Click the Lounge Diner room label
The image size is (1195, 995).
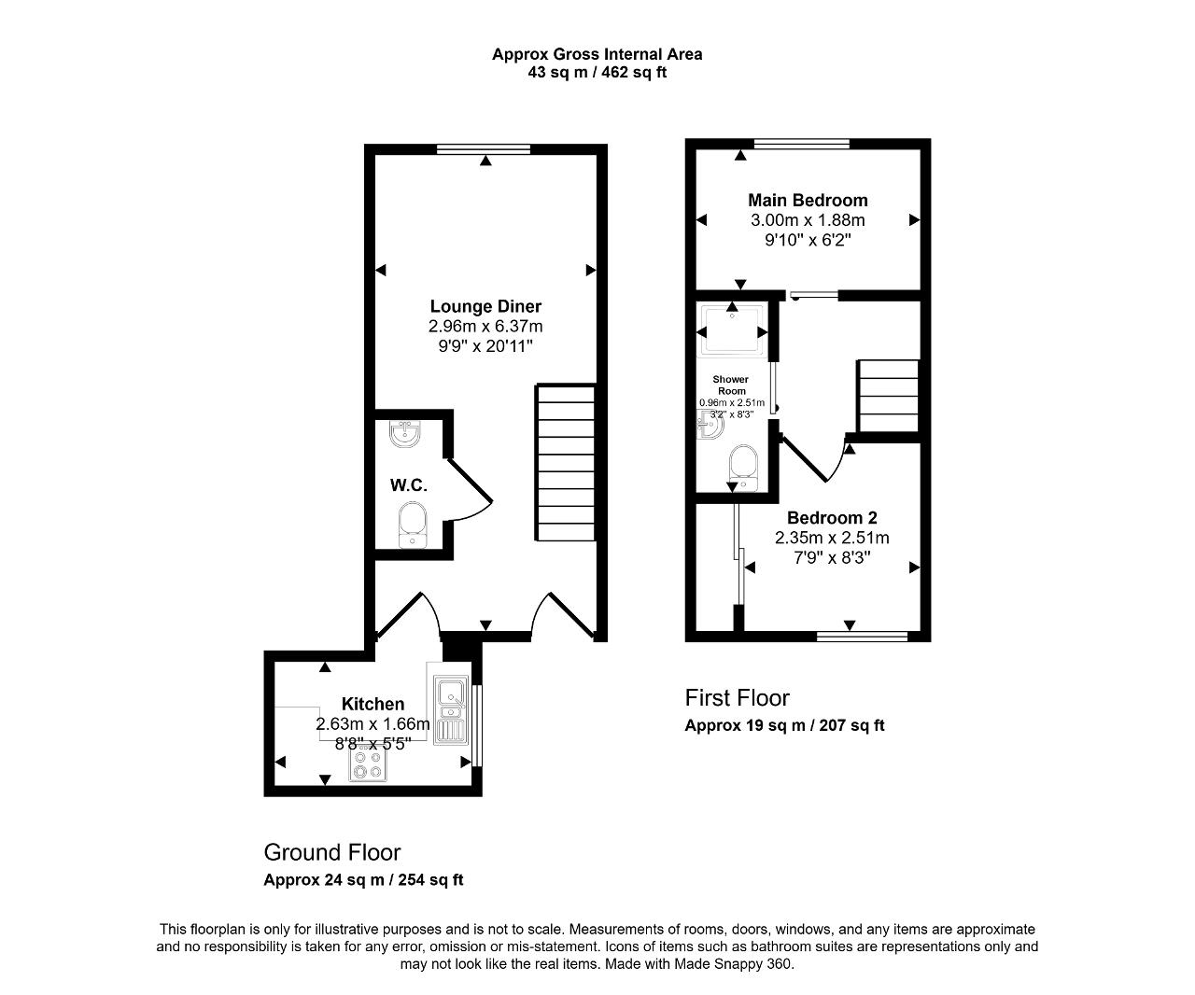485,306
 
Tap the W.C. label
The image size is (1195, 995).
409,485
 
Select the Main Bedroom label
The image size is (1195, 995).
808,201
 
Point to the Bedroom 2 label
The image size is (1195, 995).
832,518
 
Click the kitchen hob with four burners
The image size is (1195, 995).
368,764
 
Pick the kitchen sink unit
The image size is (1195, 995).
451,709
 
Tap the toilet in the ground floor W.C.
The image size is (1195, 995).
412,525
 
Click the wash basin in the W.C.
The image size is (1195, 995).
405,434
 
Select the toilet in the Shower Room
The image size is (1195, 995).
743,468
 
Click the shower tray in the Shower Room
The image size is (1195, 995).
733,330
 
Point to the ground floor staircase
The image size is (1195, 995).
566,462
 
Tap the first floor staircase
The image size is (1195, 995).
888,396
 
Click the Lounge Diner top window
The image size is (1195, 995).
484,149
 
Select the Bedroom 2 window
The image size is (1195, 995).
862,637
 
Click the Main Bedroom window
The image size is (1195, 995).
802,144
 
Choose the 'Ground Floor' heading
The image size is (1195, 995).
332,852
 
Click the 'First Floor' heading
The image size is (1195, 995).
738,698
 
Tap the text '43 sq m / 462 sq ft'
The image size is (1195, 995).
597,73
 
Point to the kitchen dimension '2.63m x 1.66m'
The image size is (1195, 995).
373,723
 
